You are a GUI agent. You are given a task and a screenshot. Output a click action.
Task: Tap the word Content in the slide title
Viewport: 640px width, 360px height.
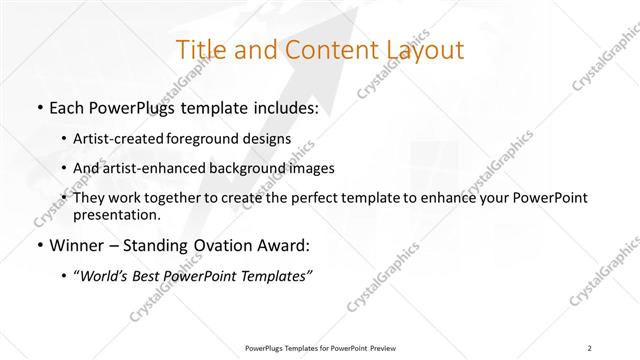(317, 51)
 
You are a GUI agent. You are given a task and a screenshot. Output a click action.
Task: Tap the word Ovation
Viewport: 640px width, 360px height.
(224, 246)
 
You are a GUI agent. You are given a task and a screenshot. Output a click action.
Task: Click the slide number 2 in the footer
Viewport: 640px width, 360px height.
(590, 348)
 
